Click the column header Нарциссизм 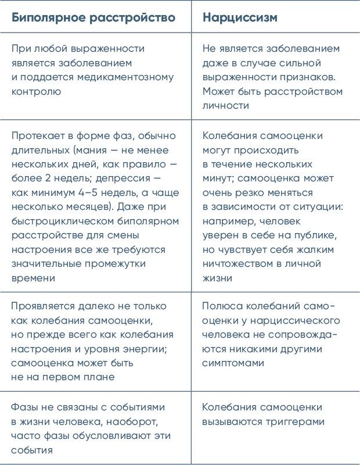(x=240, y=17)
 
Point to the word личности (x=226, y=106)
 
